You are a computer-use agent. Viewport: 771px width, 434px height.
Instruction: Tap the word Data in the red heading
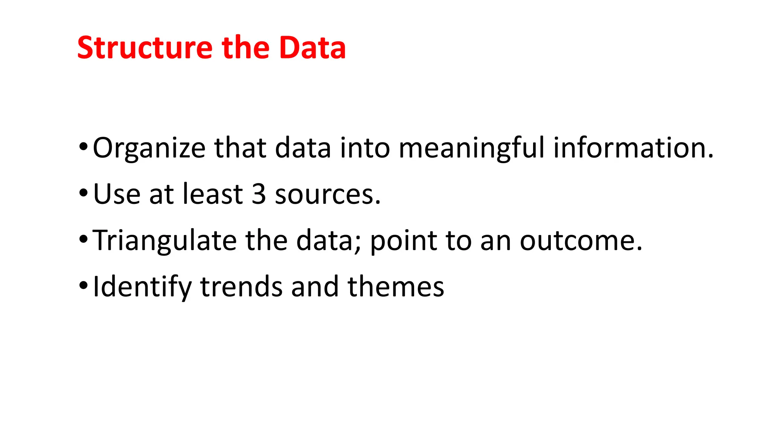pyautogui.click(x=312, y=48)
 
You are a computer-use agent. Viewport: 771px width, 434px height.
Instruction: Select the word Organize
pyautogui.click(x=149, y=148)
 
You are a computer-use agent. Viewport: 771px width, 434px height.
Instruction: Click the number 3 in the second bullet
pyautogui.click(x=259, y=194)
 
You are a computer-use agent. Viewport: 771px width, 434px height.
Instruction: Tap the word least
pyautogui.click(x=212, y=194)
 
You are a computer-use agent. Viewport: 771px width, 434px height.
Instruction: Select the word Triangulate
pyautogui.click(x=165, y=241)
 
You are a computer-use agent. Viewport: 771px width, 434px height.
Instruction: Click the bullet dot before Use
pyautogui.click(x=83, y=193)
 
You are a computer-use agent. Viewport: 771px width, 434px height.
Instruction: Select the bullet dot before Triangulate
pyautogui.click(x=83, y=239)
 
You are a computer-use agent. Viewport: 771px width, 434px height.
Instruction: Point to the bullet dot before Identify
pyautogui.click(x=83, y=285)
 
